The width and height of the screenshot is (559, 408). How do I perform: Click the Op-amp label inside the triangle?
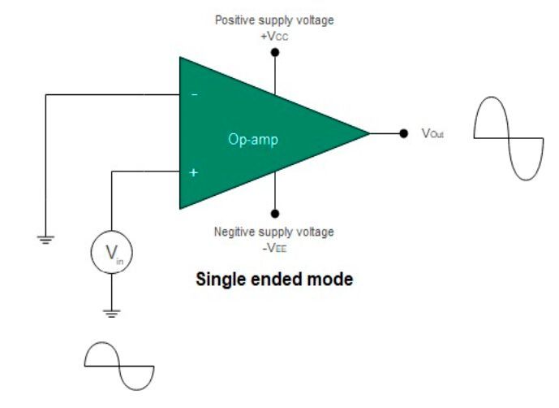252,140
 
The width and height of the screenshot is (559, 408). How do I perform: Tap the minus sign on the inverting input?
194,95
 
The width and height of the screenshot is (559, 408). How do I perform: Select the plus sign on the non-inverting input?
194,172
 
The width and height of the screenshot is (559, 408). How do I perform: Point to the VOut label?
432,133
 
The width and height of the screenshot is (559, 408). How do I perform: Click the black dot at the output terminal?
403,132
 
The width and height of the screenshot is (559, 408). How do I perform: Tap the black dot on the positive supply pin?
275,53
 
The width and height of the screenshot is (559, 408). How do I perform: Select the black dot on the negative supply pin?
275,213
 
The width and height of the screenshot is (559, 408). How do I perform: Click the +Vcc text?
274,37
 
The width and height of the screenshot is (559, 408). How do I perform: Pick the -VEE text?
274,246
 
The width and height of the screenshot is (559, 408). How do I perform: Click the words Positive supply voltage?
274,20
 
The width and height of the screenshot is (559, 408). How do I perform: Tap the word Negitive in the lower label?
235,232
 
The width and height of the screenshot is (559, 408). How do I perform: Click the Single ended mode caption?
274,280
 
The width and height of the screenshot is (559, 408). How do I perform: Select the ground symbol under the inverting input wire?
45,238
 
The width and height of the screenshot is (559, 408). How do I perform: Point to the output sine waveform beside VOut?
508,138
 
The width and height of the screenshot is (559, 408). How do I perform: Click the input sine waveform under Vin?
119,366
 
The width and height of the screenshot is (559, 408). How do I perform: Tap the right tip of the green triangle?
369,132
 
